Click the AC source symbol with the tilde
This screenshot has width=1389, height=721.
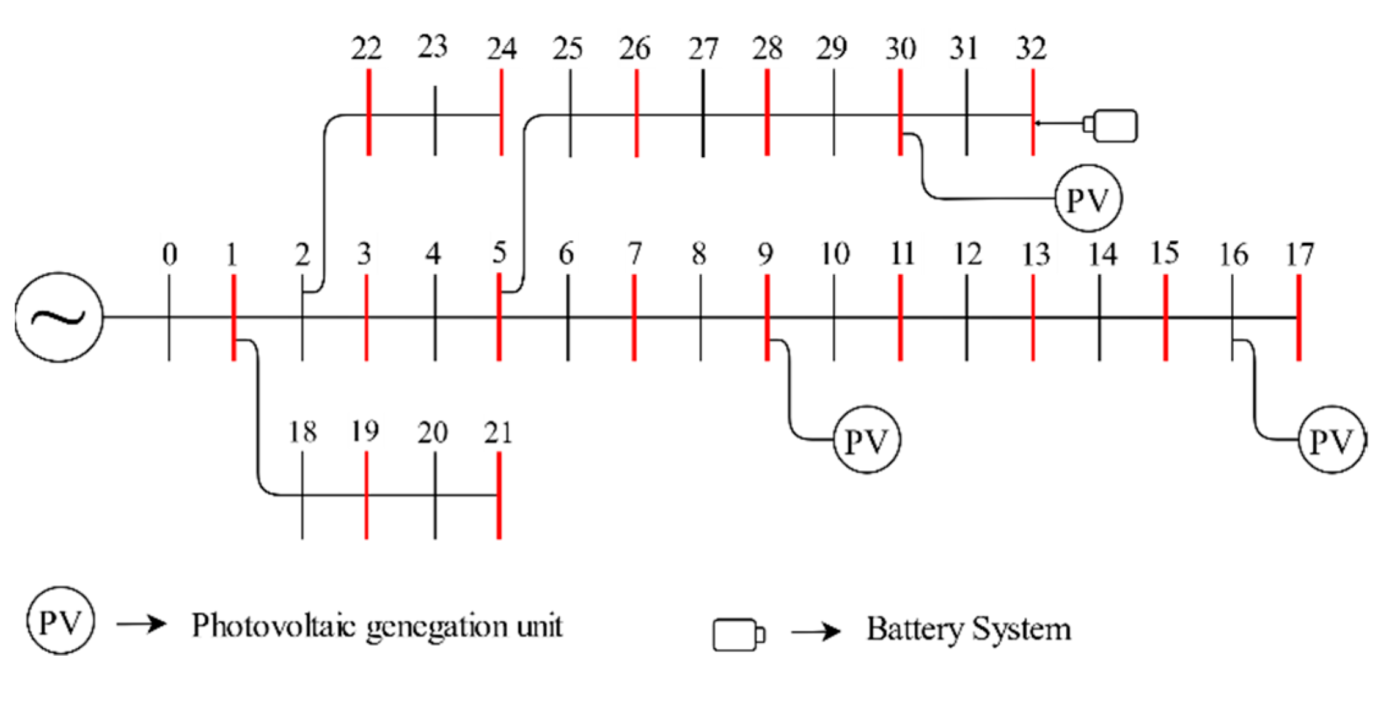pos(59,317)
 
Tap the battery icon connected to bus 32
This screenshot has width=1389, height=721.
pos(1113,125)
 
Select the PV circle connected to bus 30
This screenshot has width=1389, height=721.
pos(1088,198)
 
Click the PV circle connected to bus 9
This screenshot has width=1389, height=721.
pos(867,440)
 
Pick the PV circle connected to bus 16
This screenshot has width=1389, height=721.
pos(1332,440)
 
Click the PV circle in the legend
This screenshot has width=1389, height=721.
pos(60,621)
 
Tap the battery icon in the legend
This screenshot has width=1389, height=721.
pos(738,635)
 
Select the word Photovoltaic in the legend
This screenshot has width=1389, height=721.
pos(273,626)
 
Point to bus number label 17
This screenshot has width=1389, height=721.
pos(1299,254)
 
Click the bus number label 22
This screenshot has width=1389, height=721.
pos(367,48)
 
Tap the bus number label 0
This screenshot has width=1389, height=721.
pos(170,254)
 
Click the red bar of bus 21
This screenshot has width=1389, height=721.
pos(499,495)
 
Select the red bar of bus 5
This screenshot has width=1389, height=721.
pos(499,317)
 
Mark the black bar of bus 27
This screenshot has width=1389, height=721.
pos(703,113)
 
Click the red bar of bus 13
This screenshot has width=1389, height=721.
pos(1033,317)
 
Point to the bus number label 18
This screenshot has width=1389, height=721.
pos(302,432)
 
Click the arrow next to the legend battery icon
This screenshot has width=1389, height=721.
pos(815,632)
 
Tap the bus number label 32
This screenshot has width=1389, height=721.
pos(1031,48)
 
